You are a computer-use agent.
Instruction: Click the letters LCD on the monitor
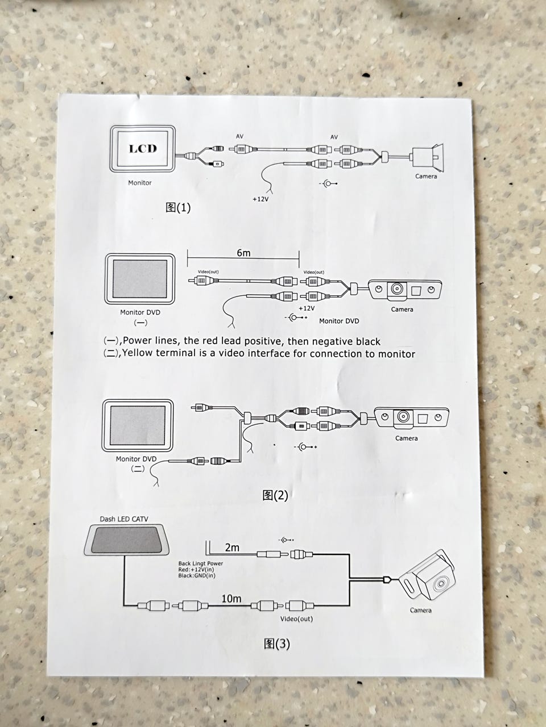[143, 148]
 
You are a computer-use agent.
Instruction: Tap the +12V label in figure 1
[260, 199]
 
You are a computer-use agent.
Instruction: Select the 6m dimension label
[243, 253]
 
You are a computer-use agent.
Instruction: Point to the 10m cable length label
[231, 599]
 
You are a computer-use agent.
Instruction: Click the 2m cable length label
[232, 548]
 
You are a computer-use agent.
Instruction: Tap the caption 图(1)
[178, 208]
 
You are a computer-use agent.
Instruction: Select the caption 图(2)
[275, 495]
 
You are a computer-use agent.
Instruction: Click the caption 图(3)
[277, 644]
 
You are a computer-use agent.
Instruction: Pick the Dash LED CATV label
[124, 519]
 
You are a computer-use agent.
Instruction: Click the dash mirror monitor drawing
[126, 540]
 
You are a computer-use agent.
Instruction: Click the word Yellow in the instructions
[138, 353]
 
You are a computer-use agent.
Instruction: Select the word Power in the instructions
[137, 340]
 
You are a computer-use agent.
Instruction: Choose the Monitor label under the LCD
[140, 183]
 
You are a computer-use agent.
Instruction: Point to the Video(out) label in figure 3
[296, 619]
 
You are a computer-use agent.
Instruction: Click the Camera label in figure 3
[421, 610]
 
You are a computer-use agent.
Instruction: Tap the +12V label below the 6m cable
[307, 308]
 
